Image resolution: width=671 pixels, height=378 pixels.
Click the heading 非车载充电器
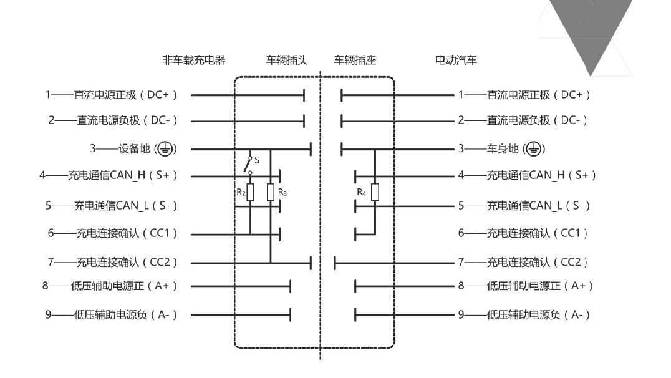tap(194, 60)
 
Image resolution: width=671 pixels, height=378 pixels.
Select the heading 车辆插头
tap(287, 60)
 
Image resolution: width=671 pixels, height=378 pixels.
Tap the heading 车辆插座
tap(355, 60)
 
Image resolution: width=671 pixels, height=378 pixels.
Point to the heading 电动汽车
tap(456, 60)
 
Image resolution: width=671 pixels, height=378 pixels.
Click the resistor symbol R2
tap(250, 192)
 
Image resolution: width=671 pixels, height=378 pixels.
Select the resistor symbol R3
tap(271, 192)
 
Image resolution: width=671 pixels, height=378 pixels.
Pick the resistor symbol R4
tap(375, 192)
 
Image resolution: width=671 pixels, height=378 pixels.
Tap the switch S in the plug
tap(248, 165)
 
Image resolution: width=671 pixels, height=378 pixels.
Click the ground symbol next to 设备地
tap(165, 149)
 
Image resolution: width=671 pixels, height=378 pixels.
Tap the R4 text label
tap(362, 192)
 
